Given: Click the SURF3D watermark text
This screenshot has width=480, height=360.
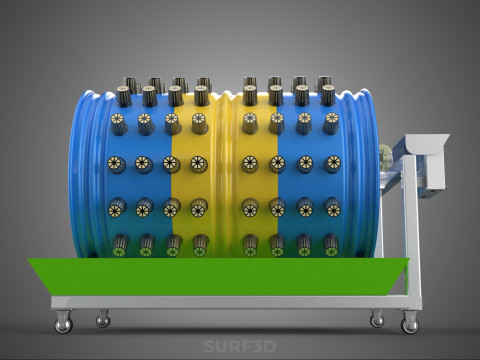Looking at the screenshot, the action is pyautogui.click(x=240, y=346).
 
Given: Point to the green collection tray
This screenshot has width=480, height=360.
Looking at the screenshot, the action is pyautogui.click(x=218, y=276).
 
